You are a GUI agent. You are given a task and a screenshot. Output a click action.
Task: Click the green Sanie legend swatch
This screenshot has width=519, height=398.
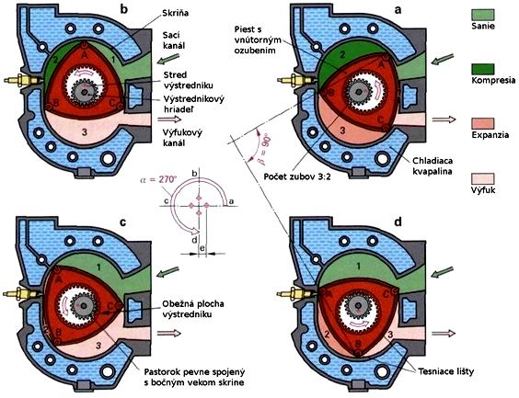482,15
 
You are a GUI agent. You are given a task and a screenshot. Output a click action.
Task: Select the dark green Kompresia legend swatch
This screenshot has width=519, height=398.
482,69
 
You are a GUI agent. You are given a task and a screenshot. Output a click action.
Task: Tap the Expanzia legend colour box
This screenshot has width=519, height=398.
482,123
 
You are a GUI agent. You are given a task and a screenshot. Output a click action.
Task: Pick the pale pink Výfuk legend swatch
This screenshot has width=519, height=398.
482,178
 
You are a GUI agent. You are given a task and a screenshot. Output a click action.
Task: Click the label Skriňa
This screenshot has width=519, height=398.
176,14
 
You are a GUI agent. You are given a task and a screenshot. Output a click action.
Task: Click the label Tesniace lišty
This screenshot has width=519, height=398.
444,371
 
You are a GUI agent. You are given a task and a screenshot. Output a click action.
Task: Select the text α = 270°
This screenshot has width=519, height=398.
158,179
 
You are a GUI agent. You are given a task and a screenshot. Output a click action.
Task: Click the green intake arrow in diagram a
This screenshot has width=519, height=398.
443,60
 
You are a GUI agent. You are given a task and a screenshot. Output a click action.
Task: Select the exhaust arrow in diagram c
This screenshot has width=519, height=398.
169,333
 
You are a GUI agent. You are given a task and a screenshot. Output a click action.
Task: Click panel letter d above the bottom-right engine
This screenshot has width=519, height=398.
398,222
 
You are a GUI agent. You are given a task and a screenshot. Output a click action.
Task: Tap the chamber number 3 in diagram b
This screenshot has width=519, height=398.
85,132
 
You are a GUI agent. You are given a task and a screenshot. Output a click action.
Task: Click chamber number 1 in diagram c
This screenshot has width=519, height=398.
98,266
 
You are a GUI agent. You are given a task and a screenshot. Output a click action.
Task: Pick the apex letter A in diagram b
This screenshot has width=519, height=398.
85,55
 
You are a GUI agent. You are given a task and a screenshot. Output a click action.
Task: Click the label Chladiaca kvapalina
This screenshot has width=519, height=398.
432,166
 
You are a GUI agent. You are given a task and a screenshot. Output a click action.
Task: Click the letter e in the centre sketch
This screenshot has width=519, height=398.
202,247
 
